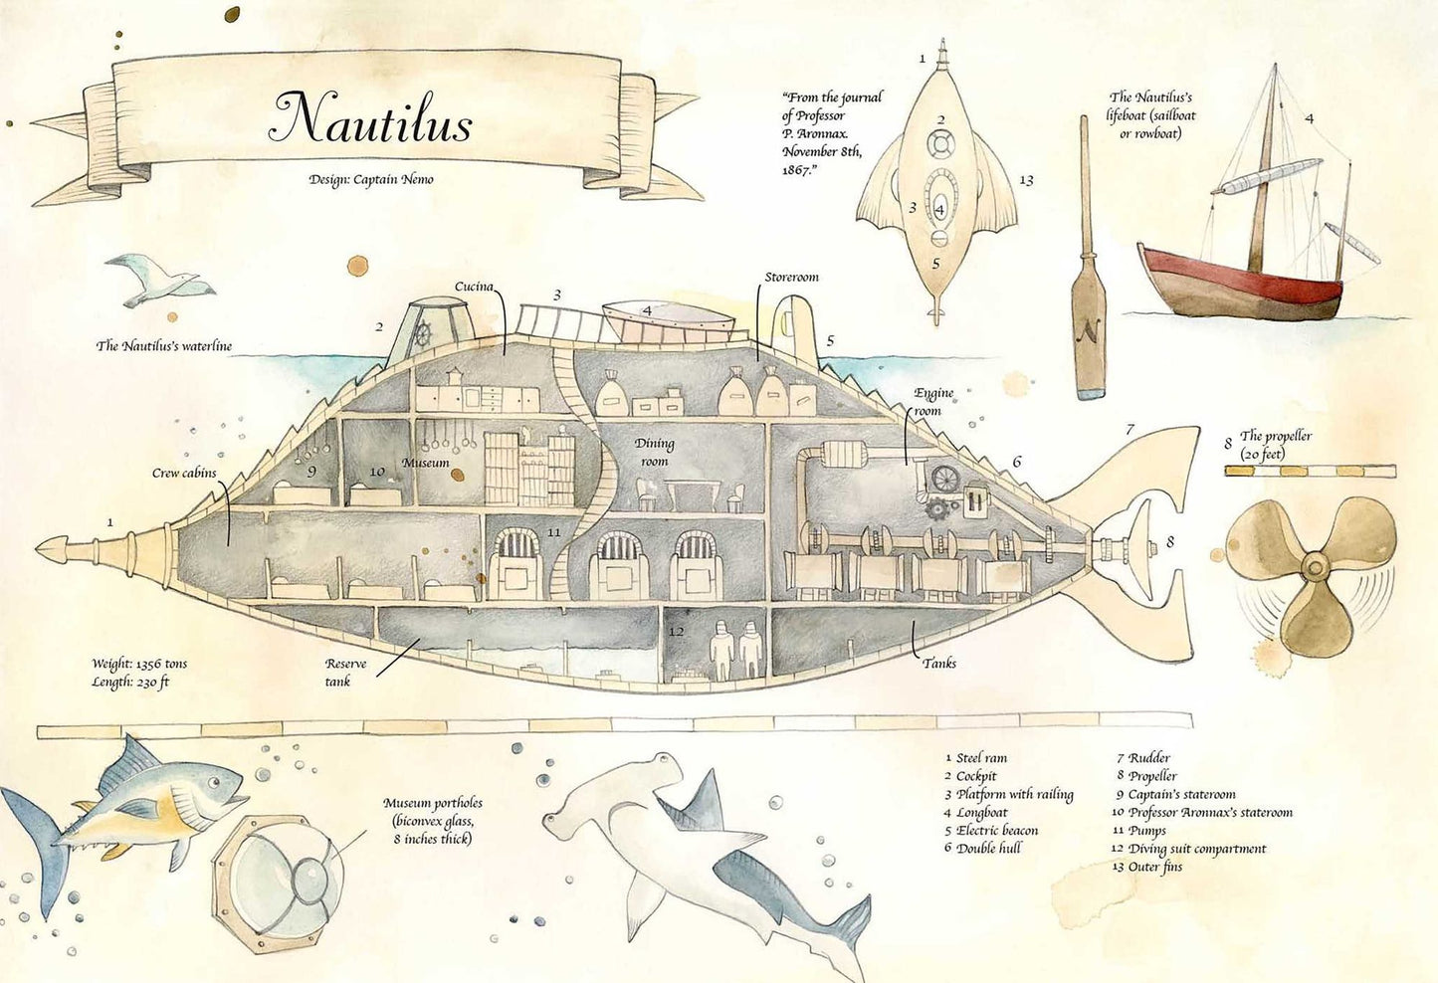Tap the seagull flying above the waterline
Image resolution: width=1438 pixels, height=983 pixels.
[160, 280]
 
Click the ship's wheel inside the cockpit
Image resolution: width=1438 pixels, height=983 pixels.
[421, 334]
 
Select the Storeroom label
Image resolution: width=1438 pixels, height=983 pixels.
[791, 278]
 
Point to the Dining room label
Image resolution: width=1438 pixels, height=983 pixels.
[654, 452]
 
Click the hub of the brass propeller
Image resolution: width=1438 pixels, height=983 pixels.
[1314, 566]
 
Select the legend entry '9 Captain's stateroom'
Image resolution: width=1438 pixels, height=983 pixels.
[1176, 794]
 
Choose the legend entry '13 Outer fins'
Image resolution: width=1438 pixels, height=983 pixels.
[1147, 867]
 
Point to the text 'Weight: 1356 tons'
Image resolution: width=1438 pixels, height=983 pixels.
[139, 664]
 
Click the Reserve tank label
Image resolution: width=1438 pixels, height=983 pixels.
[345, 673]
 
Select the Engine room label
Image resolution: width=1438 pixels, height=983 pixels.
[933, 402]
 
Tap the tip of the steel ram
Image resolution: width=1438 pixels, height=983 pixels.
[37, 549]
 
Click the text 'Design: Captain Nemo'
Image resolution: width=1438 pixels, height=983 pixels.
[371, 180]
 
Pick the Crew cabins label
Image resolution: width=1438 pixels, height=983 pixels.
[184, 474]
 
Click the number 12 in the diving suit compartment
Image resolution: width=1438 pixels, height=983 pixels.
[676, 632]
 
